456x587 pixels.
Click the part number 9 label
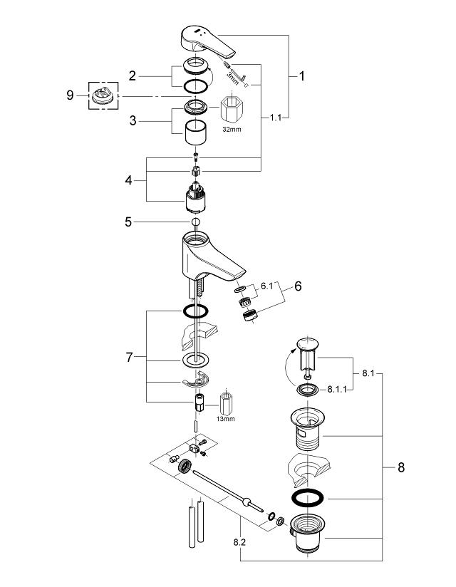tap(70, 95)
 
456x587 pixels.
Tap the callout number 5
tap(128, 222)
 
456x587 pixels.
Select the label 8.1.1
tap(336, 390)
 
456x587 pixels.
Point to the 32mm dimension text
tap(232, 130)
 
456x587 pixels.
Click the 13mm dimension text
tap(225, 419)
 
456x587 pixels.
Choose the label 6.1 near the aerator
tap(267, 286)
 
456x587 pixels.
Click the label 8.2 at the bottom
tap(239, 541)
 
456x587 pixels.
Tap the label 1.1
tap(276, 118)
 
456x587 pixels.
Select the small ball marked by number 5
tap(195, 222)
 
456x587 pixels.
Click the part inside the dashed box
tap(103, 95)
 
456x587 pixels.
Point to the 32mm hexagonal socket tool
tap(231, 109)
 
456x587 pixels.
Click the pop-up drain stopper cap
tap(307, 343)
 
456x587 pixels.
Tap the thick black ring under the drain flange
tap(307, 498)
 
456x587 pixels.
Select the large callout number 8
tap(401, 467)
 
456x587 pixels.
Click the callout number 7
tap(129, 358)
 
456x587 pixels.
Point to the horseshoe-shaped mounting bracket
tap(197, 380)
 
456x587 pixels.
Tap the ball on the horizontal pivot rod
tap(246, 502)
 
